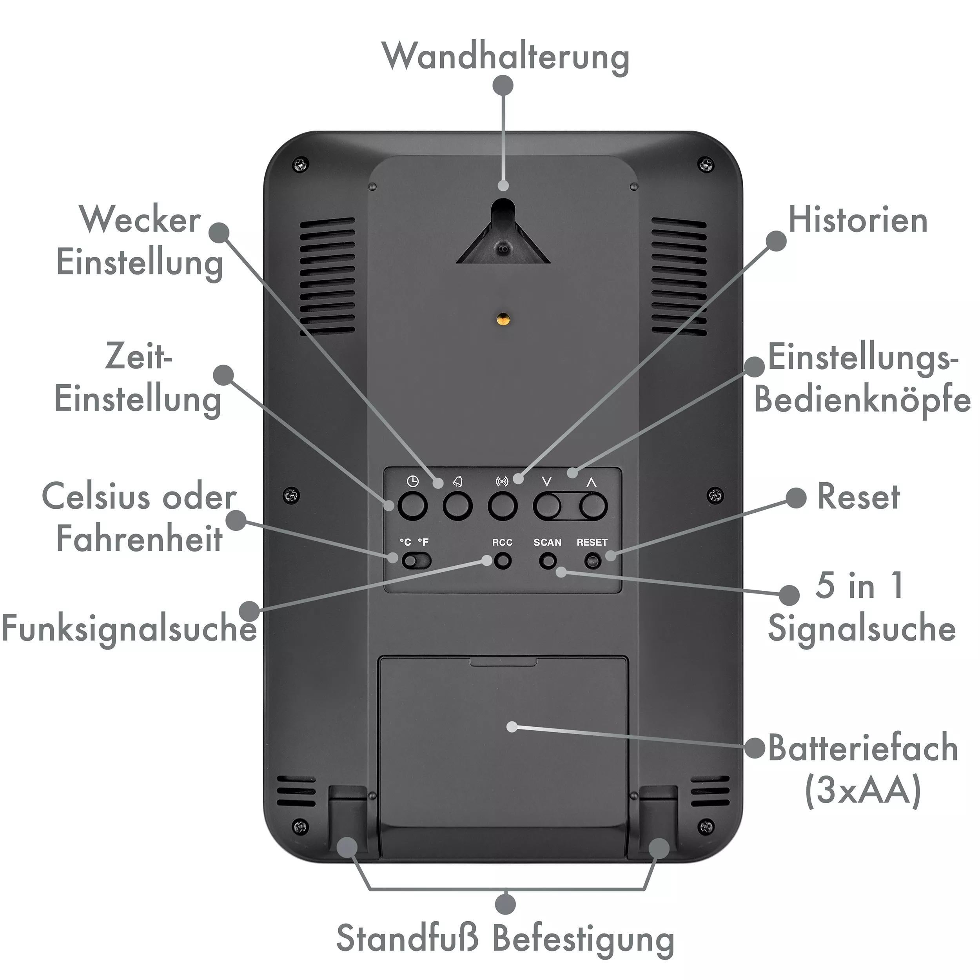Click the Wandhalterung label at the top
click(506, 57)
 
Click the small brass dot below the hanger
click(502, 319)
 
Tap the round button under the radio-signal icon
click(503, 506)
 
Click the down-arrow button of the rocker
click(547, 506)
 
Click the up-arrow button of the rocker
click(593, 506)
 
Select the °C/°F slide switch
click(416, 561)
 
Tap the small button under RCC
click(503, 561)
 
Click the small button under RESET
click(592, 561)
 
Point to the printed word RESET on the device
click(592, 542)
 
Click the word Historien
click(858, 221)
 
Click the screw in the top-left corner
click(301, 164)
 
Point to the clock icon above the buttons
click(413, 481)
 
